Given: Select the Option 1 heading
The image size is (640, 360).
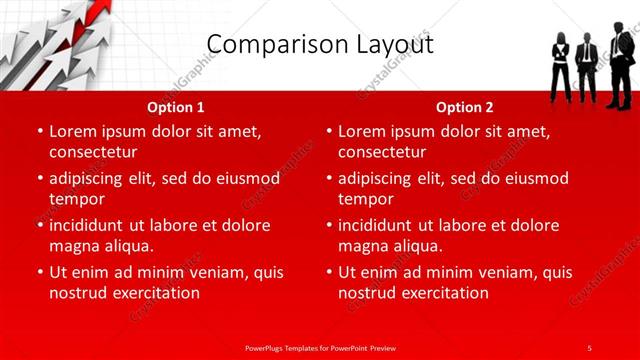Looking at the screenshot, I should [176, 107].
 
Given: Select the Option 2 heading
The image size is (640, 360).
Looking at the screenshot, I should [465, 107].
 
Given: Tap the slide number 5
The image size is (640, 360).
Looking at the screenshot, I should [589, 347].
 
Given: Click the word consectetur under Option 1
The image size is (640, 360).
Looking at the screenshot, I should [92, 152].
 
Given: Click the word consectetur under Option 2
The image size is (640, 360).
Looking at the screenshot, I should [382, 152].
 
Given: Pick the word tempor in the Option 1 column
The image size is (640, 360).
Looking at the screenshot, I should [76, 199].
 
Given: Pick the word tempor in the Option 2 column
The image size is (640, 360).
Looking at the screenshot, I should [366, 199].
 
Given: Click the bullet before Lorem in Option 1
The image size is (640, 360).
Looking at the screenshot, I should [40, 131].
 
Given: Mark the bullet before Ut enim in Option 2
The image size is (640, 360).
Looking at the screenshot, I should [329, 272].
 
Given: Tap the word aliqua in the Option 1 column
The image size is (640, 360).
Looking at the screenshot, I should [125, 246].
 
